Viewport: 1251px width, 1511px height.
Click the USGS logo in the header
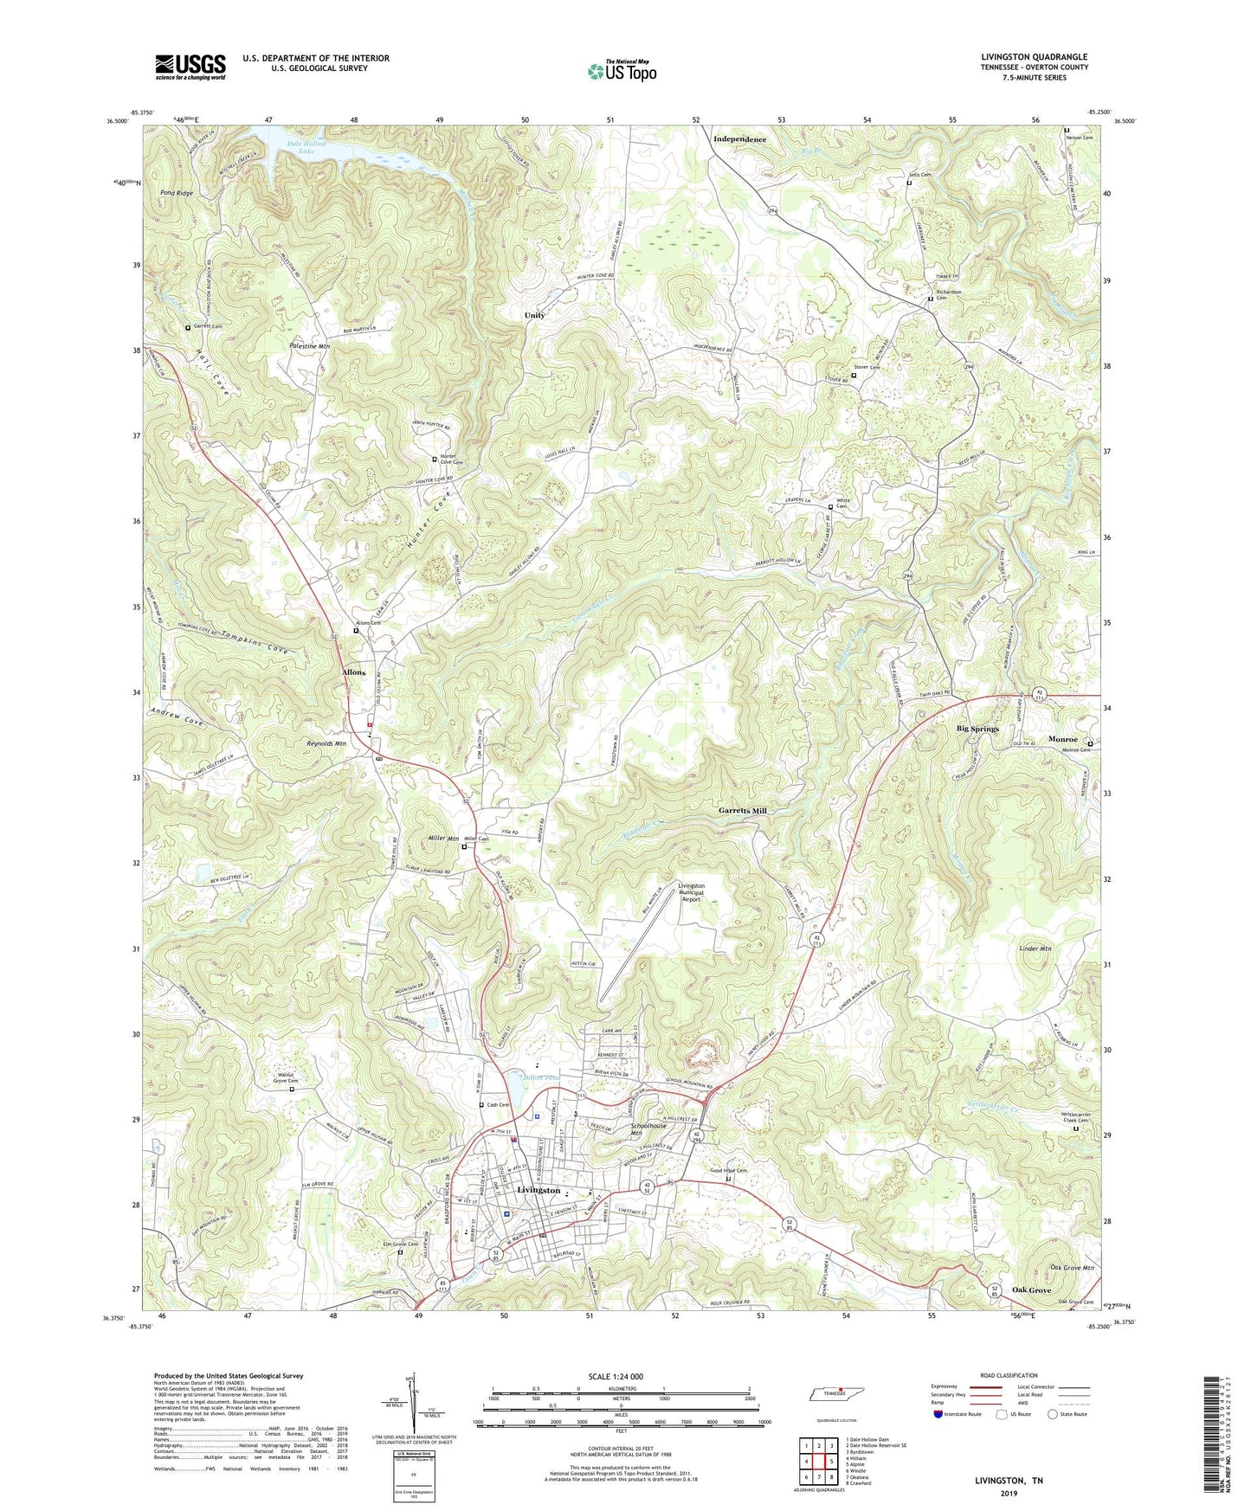coord(190,67)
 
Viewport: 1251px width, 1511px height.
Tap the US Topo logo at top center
coord(622,71)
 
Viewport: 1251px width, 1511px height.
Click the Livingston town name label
coord(538,1190)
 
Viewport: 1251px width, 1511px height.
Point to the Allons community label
coord(353,672)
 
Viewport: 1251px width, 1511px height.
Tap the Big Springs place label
coord(977,729)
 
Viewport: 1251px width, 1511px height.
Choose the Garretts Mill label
coord(742,811)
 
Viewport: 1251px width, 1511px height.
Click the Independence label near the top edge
coord(739,139)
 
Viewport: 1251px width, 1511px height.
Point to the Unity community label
coord(534,315)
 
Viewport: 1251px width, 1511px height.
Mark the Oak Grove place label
coord(1031,1290)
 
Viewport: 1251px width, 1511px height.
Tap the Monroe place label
coord(1063,739)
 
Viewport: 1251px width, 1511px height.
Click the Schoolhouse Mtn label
coord(648,1128)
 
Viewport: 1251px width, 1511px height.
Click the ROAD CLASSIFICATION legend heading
coord(1008,1375)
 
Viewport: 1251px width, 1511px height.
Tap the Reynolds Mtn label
coord(326,743)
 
